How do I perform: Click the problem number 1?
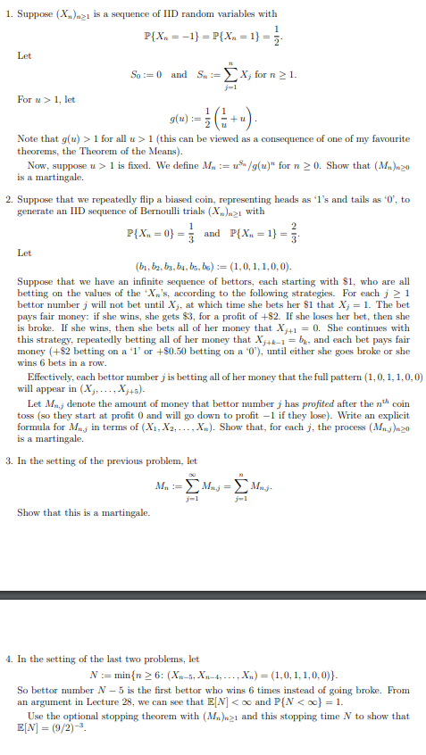7,14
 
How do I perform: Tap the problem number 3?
7,461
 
